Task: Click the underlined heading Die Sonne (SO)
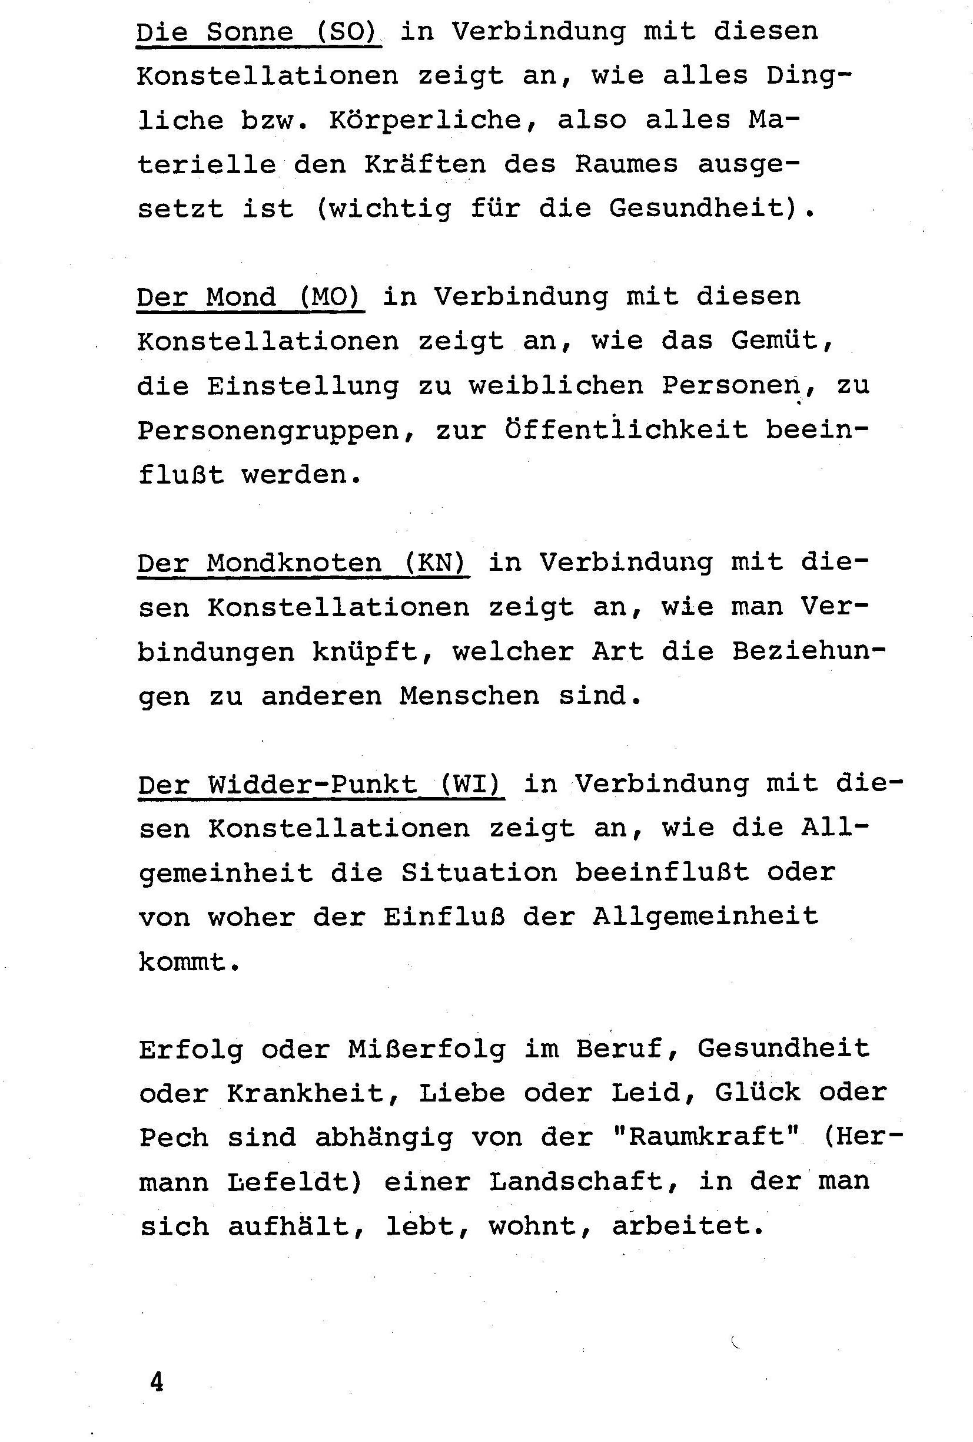pos(258,32)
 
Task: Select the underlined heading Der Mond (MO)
pos(250,297)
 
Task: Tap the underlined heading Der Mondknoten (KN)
pos(303,563)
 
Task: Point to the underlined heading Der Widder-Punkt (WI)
pos(321,785)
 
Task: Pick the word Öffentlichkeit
pos(626,430)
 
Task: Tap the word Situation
pos(478,873)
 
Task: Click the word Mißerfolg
pos(426,1049)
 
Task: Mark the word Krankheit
pos(313,1093)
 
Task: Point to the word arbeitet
pos(688,1225)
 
